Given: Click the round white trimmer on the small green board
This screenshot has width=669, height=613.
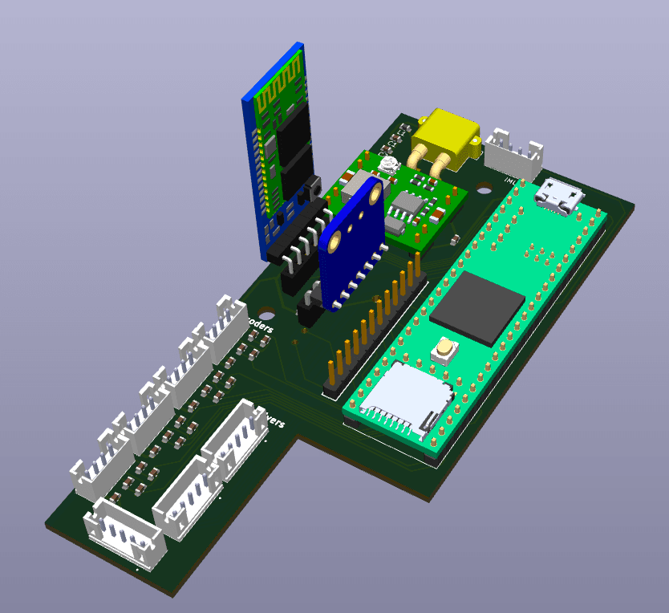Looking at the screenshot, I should click(389, 166).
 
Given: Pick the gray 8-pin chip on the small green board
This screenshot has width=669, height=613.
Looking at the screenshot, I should click(410, 205).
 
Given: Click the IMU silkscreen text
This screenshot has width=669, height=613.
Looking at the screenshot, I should click(508, 181).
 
